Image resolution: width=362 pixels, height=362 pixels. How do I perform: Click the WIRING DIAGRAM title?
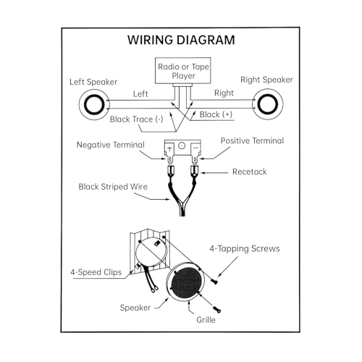click(x=181, y=40)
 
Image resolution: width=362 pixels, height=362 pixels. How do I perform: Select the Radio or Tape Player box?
click(x=183, y=71)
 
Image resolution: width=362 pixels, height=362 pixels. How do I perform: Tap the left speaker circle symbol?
click(x=94, y=104)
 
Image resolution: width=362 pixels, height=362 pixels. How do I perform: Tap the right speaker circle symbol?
click(x=268, y=104)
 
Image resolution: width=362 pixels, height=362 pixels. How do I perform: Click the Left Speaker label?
click(x=93, y=82)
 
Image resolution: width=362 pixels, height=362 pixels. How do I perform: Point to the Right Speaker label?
click(x=266, y=80)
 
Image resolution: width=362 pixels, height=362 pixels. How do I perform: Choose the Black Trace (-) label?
click(x=136, y=119)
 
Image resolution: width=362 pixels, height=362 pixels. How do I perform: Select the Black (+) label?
click(x=216, y=114)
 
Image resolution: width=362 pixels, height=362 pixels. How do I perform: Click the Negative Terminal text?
click(x=111, y=145)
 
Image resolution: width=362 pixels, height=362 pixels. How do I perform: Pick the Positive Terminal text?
click(x=252, y=141)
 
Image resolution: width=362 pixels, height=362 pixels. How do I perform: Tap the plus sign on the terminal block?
click(x=169, y=148)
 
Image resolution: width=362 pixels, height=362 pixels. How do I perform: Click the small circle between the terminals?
click(x=182, y=146)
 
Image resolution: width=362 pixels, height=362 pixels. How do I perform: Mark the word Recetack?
click(x=250, y=172)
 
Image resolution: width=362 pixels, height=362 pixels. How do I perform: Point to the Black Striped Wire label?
click(x=113, y=187)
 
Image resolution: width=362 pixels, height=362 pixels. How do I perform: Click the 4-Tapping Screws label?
click(x=245, y=248)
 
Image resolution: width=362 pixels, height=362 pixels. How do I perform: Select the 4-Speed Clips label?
click(x=96, y=272)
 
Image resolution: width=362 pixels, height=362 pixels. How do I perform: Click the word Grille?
click(x=206, y=320)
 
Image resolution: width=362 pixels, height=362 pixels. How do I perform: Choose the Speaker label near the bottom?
click(x=135, y=308)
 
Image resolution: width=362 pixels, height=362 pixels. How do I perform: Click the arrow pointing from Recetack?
click(x=214, y=173)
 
